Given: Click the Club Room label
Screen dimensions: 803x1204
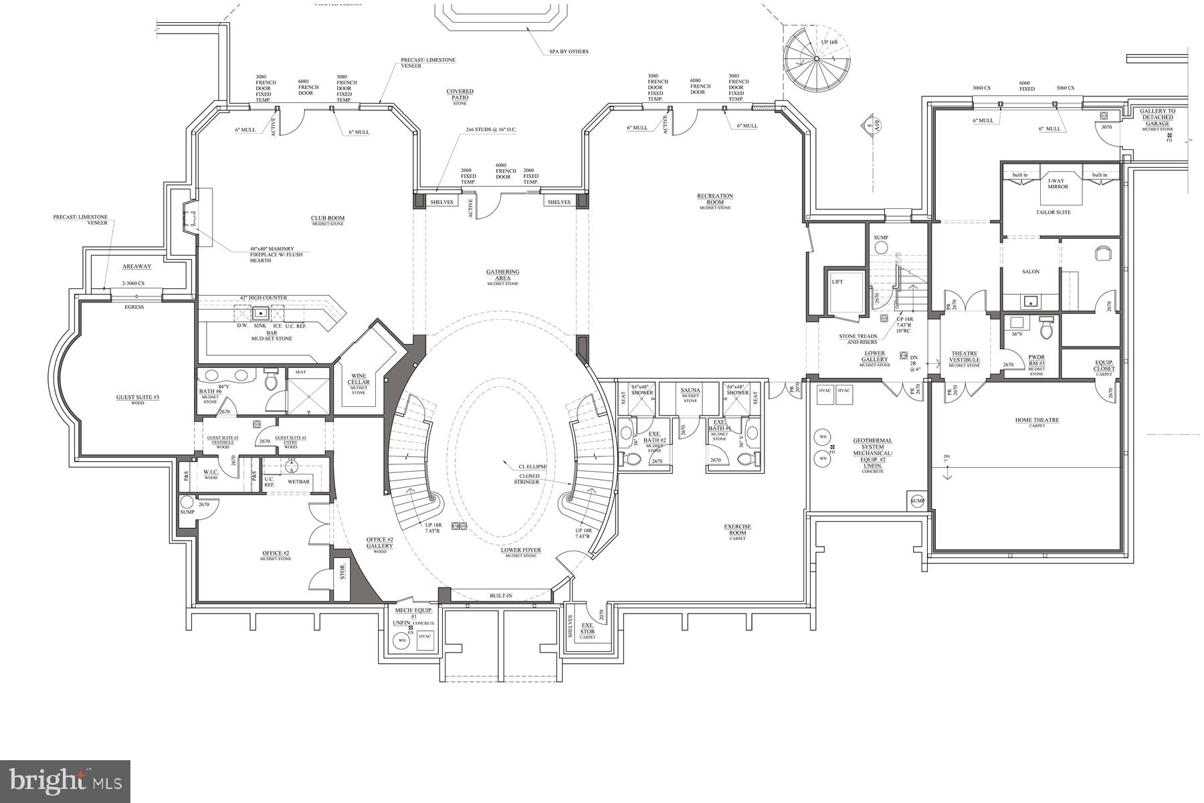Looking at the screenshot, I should (x=328, y=218).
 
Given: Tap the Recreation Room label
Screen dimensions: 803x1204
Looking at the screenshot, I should (x=715, y=199).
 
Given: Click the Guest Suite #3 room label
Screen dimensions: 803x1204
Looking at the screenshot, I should (x=138, y=397).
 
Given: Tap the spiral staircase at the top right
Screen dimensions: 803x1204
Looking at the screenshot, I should (x=816, y=59).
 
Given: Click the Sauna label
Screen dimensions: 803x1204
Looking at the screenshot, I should (x=690, y=390).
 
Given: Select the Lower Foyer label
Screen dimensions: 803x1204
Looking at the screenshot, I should (x=521, y=551).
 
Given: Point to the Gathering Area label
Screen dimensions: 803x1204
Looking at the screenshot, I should (x=503, y=275).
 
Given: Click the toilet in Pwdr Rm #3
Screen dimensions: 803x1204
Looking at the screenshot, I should (x=1047, y=329).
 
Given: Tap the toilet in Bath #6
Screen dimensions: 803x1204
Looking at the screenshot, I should (x=271, y=381).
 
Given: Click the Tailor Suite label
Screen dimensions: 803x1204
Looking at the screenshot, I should (x=1053, y=212).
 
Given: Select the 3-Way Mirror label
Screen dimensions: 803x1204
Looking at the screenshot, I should (x=1058, y=183).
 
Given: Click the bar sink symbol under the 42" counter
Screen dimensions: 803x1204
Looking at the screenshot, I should (x=260, y=313).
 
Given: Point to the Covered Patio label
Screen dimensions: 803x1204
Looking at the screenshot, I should (x=460, y=94).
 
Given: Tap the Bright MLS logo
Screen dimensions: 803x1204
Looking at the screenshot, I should (x=65, y=780).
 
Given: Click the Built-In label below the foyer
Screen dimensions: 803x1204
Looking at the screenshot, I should (x=501, y=595).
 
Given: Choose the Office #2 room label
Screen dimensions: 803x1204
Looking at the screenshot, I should (x=276, y=553).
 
